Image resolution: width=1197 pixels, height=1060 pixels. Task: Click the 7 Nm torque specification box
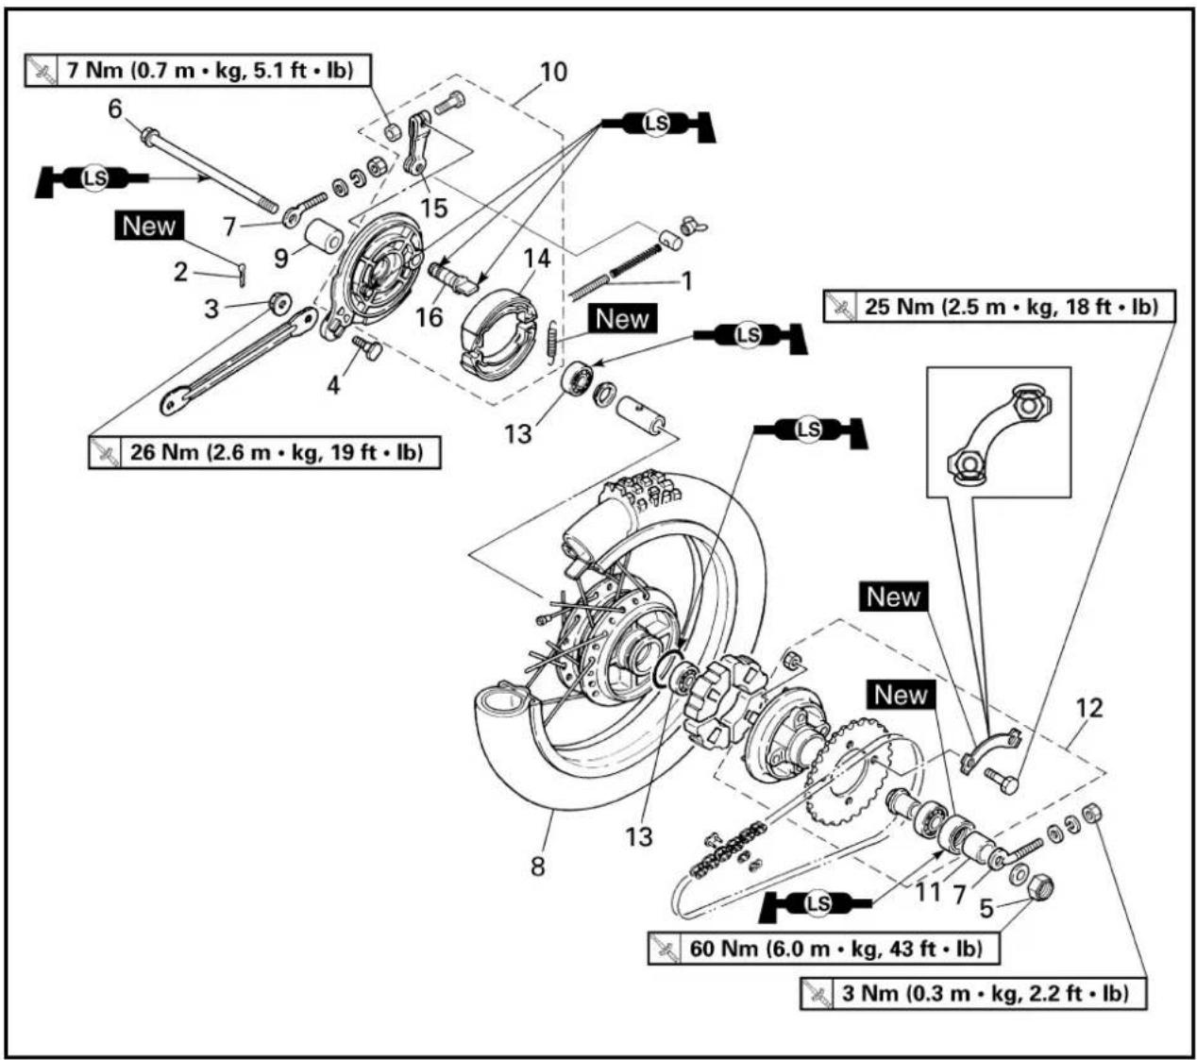(x=198, y=71)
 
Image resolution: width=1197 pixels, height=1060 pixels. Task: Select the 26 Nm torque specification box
(x=264, y=452)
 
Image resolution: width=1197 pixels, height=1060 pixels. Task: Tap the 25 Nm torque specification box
(x=999, y=306)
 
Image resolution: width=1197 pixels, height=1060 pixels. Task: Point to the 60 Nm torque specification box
(x=823, y=949)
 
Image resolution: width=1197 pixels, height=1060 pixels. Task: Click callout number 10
(x=553, y=72)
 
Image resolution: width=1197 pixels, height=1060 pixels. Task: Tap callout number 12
(x=1088, y=708)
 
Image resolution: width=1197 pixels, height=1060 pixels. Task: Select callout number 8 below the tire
(x=537, y=867)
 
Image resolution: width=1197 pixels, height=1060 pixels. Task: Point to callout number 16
(x=429, y=317)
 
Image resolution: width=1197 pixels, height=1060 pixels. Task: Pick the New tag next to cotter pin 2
(x=149, y=226)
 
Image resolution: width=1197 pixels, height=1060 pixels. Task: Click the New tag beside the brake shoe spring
(x=622, y=319)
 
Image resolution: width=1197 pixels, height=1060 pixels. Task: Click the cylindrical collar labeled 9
(x=323, y=235)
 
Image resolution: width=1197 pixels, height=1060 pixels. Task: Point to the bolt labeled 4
(x=367, y=347)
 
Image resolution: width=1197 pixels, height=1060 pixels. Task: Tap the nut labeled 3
(x=279, y=302)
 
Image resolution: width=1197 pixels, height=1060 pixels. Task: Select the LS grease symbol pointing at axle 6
(x=93, y=178)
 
